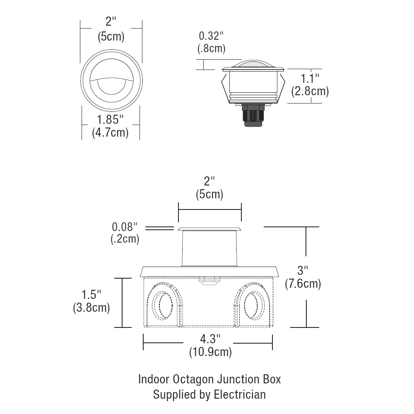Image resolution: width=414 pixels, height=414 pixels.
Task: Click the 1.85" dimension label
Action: point(110,120)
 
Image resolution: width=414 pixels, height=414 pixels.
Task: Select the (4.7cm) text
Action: point(110,133)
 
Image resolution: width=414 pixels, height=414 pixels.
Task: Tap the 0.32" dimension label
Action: point(211,35)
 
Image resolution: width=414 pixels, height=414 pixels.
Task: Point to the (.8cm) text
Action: point(211,48)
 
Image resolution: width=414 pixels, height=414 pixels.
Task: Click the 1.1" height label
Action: point(310,78)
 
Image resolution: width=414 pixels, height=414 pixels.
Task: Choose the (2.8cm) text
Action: point(310,91)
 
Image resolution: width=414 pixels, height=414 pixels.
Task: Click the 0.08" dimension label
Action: point(124,227)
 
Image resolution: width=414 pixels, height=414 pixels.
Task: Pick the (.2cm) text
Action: point(125,239)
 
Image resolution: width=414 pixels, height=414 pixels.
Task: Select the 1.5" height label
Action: point(91,295)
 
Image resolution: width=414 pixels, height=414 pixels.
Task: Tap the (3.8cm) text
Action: point(91,308)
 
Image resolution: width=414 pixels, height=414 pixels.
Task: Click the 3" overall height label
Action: point(303,271)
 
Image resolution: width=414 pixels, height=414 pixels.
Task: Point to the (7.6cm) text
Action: point(303,284)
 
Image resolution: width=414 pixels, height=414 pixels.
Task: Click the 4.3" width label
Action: point(210,339)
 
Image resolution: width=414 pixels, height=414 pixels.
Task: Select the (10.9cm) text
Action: point(210,352)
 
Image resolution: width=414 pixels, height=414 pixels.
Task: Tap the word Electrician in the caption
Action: point(240,394)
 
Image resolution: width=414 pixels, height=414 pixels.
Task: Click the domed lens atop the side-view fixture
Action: point(253,63)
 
